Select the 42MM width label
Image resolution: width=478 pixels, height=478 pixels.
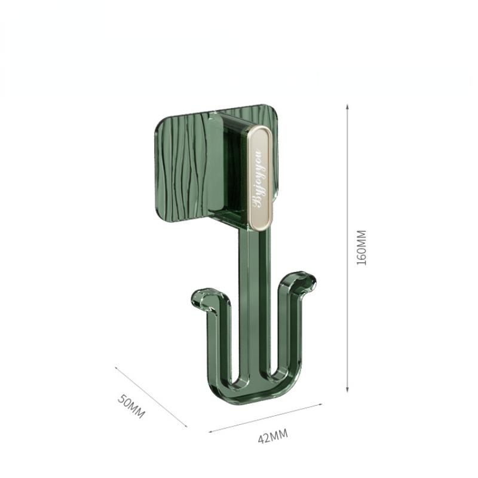pyautogui.click(x=272, y=436)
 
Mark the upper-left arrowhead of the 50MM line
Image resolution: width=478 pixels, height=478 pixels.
pyautogui.click(x=117, y=368)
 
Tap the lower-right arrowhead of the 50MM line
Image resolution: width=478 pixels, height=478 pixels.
pyautogui.click(x=186, y=426)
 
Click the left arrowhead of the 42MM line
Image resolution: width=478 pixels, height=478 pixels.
pyautogui.click(x=210, y=431)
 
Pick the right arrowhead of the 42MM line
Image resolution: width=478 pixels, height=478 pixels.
pyautogui.click(x=322, y=404)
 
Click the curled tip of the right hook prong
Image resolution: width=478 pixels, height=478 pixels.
pyautogui.click(x=306, y=278)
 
